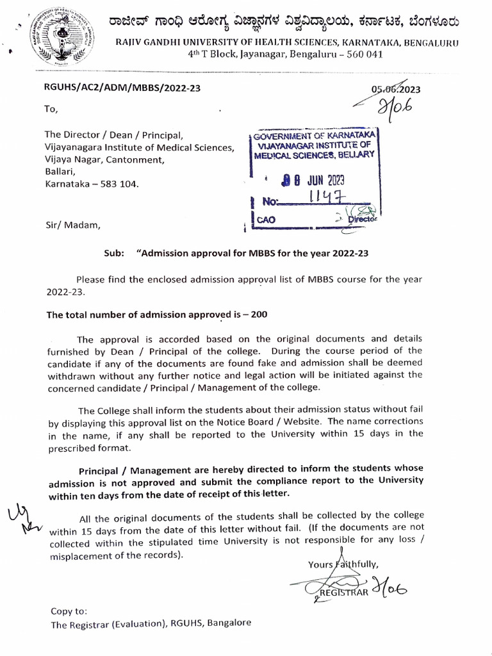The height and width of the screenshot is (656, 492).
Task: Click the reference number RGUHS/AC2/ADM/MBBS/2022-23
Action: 122,88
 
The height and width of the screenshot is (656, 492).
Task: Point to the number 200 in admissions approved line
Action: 259,315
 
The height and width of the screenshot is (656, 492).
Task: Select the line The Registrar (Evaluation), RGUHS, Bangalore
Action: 151,623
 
